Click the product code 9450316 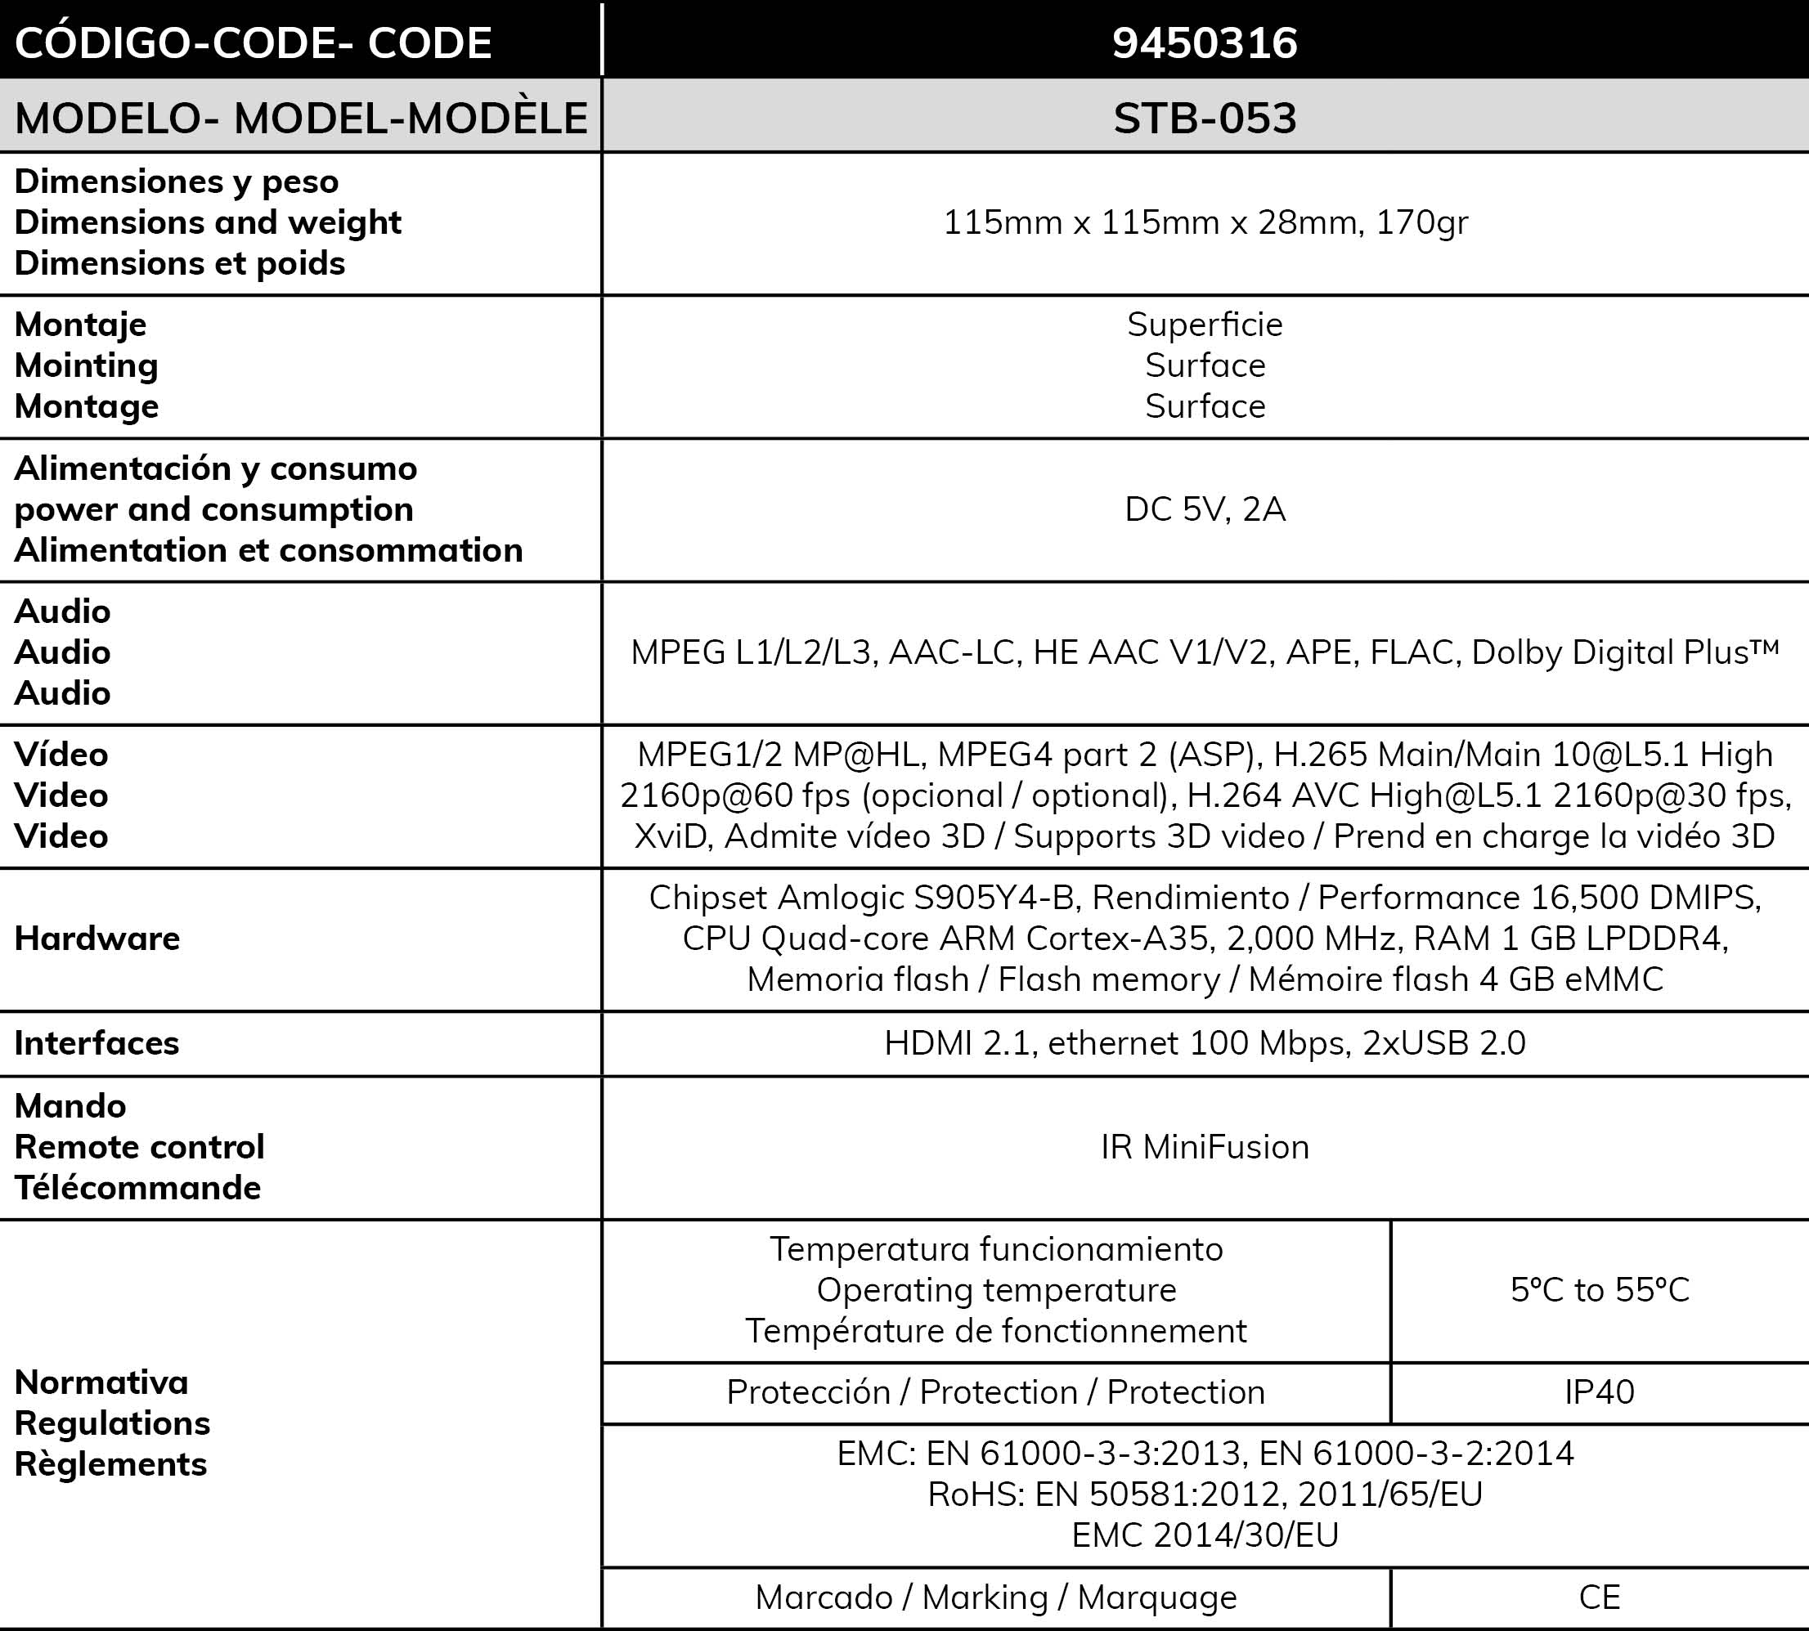click(1204, 43)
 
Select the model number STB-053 click(1204, 119)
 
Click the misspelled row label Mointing click(86, 365)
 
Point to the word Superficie click(1204, 325)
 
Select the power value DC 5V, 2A click(1204, 509)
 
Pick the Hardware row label click(97, 939)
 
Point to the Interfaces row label click(97, 1043)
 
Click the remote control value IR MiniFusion click(1204, 1147)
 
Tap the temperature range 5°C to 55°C click(1600, 1289)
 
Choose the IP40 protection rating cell click(1600, 1391)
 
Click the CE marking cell click(1600, 1597)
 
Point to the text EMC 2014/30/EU click(1204, 1535)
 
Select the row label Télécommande click(137, 1187)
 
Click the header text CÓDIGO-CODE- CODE click(253, 43)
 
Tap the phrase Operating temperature click(996, 1289)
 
